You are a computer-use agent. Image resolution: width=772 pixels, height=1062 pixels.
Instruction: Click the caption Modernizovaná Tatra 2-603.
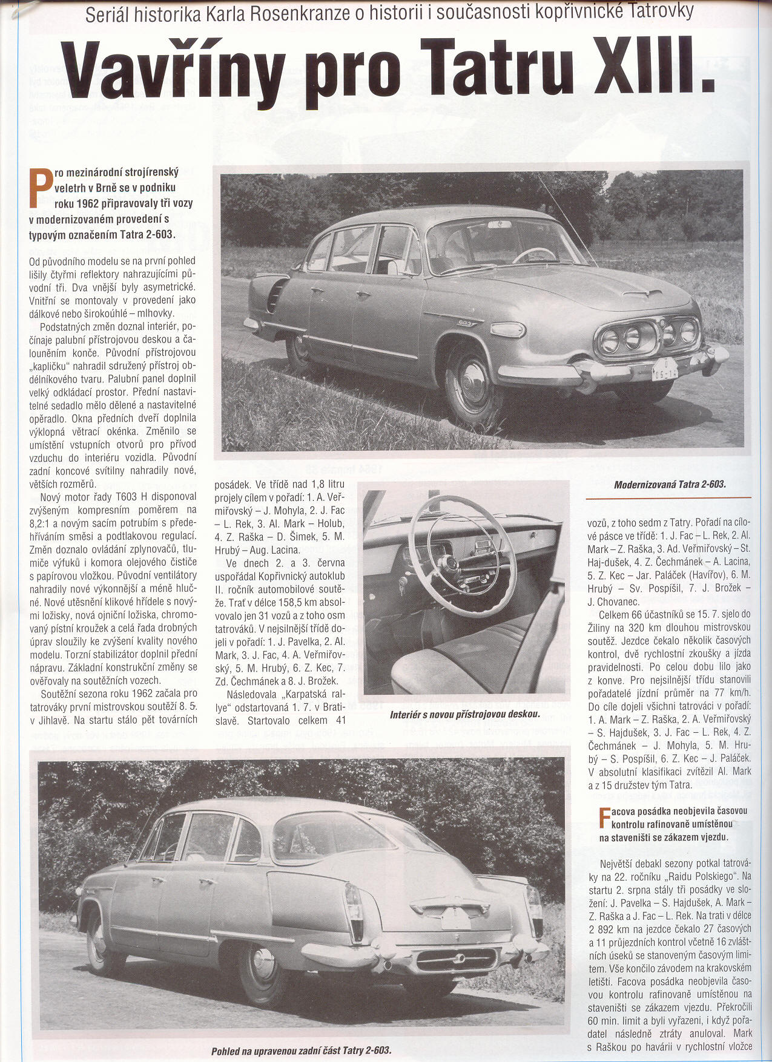(669, 484)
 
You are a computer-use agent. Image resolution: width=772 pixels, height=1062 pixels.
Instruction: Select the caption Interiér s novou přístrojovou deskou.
(464, 715)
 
